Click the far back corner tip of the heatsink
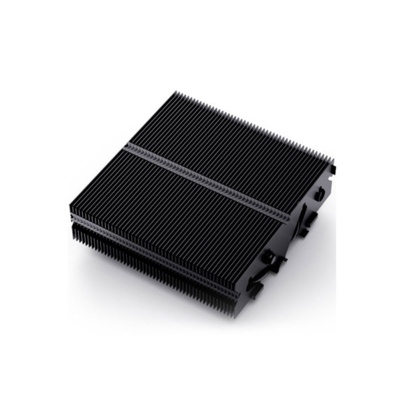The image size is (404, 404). tap(177, 93)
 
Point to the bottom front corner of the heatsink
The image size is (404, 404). tap(234, 316)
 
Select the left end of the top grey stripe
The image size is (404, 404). tap(125, 145)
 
